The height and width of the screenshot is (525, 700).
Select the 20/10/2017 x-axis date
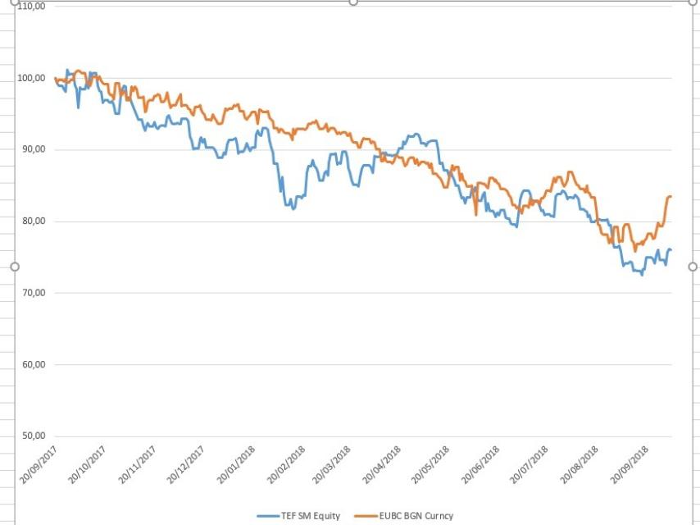(89, 465)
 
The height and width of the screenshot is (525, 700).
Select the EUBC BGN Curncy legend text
(416, 516)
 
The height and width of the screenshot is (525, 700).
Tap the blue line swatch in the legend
(267, 516)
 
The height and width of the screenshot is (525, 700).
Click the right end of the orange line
(670, 197)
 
